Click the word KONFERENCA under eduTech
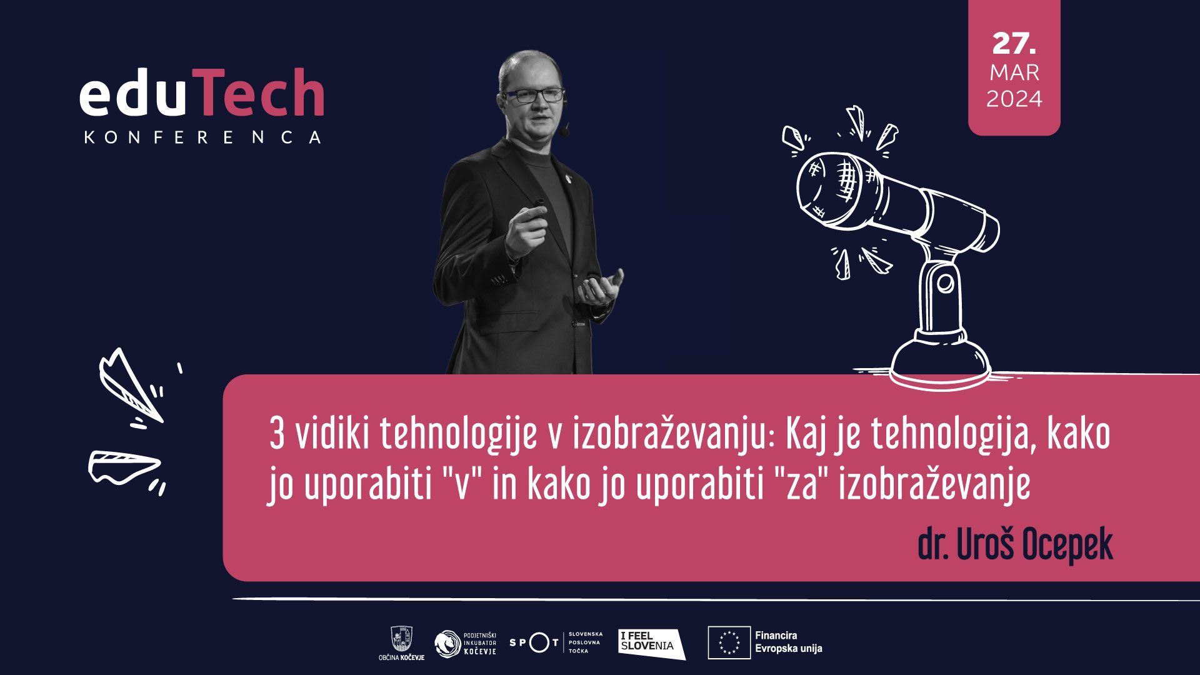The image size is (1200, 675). point(202,137)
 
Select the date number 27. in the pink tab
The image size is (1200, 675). point(1014,43)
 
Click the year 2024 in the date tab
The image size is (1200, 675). point(1014,99)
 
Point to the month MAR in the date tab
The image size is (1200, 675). point(1014,72)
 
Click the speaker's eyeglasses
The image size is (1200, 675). point(534,96)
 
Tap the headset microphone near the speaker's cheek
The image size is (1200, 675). point(564,131)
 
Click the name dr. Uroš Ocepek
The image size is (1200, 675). point(1015,544)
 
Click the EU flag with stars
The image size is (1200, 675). point(729,642)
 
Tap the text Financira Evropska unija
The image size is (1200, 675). point(788,642)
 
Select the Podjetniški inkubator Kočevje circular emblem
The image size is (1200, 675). point(447,644)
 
